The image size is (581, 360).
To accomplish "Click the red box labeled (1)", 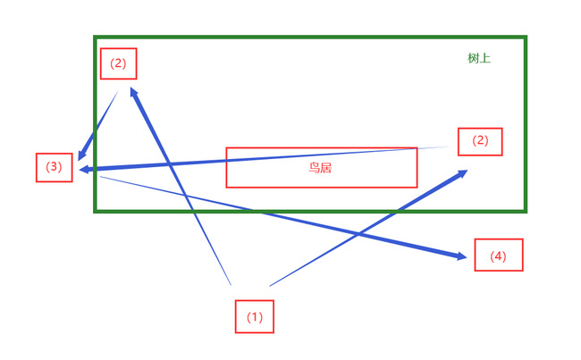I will tap(255, 317).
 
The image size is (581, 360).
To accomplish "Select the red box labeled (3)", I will tap(55, 167).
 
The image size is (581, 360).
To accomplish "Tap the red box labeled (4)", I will tap(498, 255).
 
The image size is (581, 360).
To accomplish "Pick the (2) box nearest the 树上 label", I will tap(480, 141).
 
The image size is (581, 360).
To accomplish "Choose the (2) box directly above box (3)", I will tap(119, 63).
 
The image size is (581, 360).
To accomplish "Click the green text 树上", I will tap(479, 58).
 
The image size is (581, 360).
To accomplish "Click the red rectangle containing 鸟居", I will tap(321, 167).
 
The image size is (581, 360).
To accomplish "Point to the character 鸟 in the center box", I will tap(315, 167).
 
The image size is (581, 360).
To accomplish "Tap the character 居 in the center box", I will tap(326, 167).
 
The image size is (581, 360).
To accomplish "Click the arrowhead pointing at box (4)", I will tap(462, 257).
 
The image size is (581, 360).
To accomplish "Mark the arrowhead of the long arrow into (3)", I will tap(83, 170).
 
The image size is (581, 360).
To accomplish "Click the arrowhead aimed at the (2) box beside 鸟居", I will tap(461, 173).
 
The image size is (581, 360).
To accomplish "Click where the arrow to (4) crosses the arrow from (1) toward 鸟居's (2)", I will tap(358, 234).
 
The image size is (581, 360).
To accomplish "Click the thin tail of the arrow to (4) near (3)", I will tap(103, 177).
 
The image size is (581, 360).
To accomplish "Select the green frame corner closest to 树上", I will tap(525, 38).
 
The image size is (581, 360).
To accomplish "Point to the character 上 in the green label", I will tap(485, 58).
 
